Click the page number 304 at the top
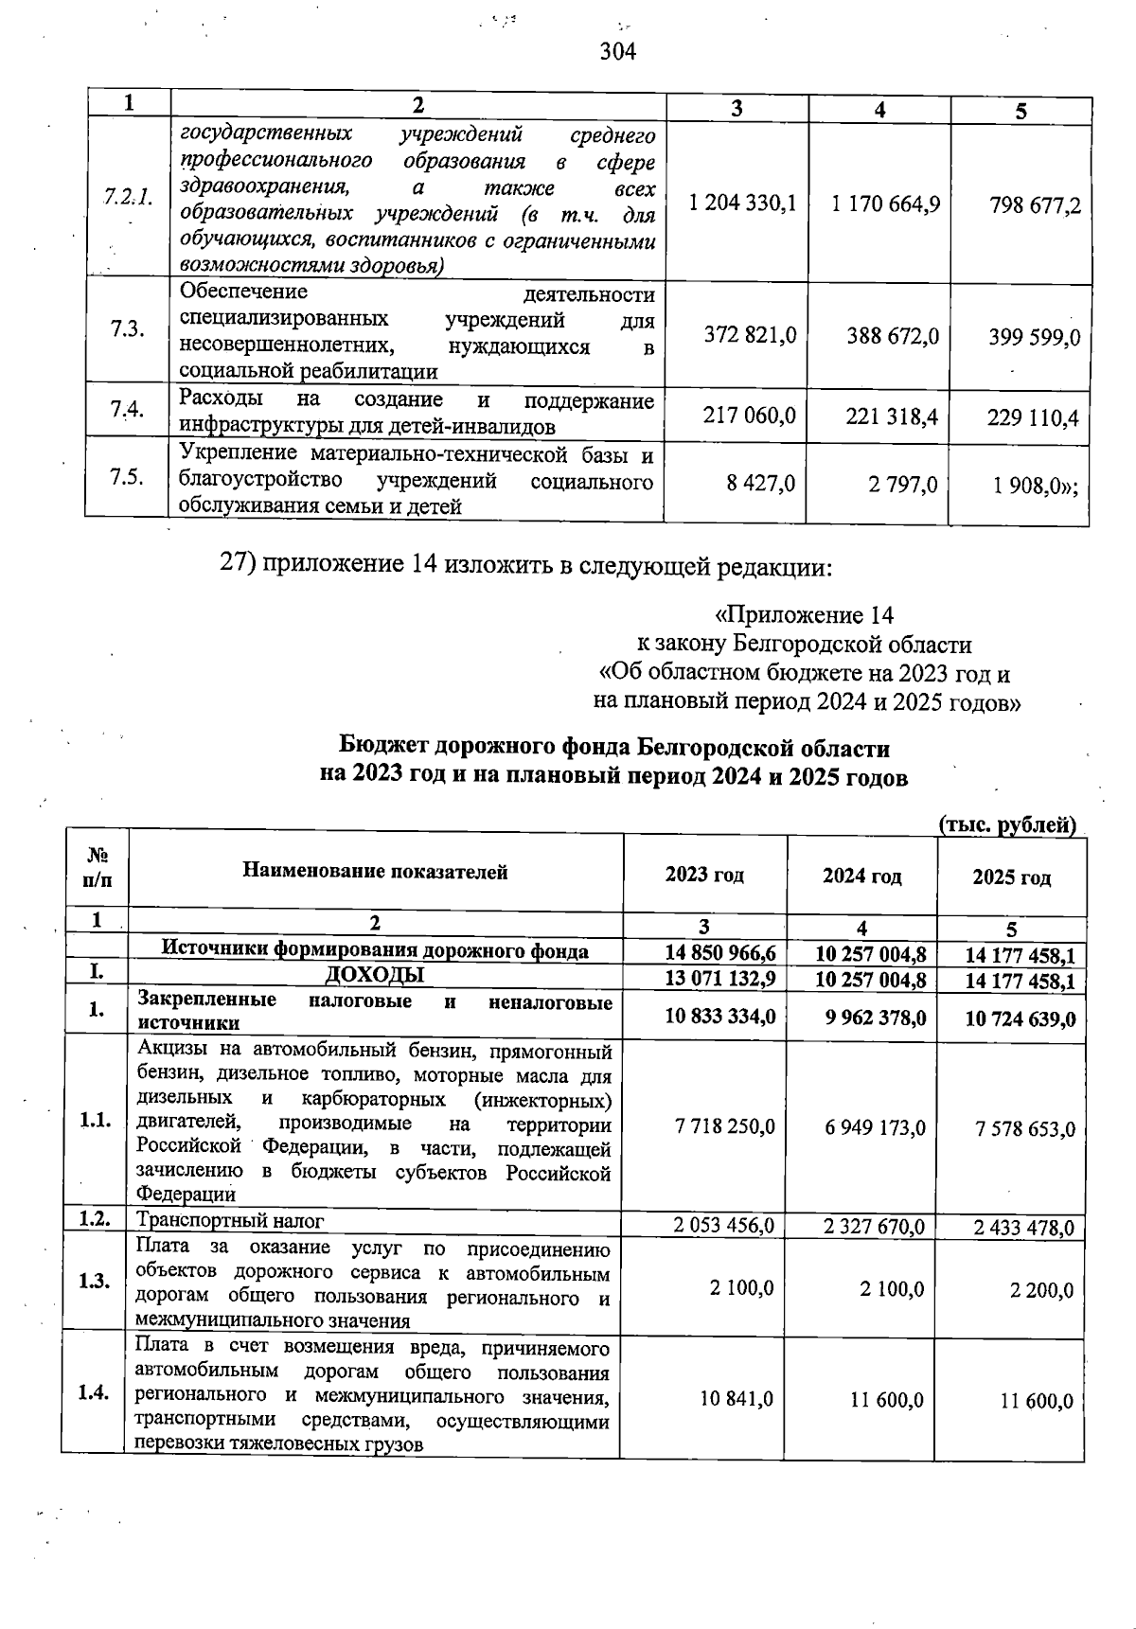[617, 50]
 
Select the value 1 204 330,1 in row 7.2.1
[743, 204]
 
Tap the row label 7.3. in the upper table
[126, 328]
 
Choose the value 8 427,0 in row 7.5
[760, 484]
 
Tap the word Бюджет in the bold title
[383, 748]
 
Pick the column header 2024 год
[861, 876]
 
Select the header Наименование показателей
[375, 872]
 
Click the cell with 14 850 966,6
[720, 953]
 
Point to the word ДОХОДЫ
[375, 975]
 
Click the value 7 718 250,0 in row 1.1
[725, 1126]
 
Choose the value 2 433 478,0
[1023, 1228]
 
